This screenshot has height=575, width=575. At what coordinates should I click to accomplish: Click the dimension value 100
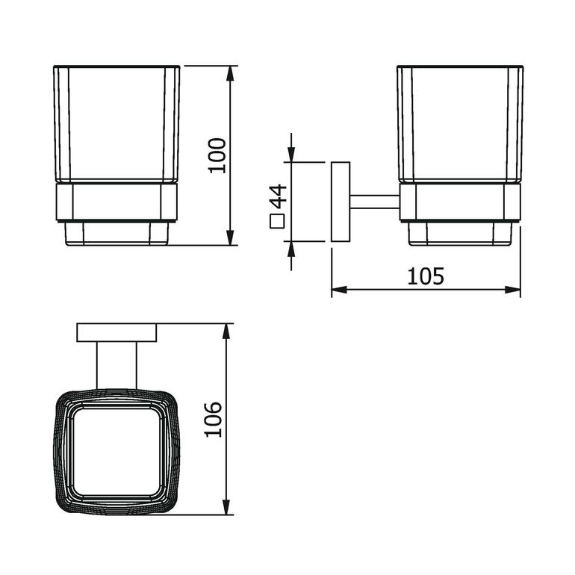click(217, 155)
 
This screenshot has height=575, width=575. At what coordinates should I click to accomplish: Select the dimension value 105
click(426, 276)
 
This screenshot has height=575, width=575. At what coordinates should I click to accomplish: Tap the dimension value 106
click(213, 420)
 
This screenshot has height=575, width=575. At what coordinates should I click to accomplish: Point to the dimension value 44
click(278, 196)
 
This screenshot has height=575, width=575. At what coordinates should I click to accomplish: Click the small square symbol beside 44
click(278, 222)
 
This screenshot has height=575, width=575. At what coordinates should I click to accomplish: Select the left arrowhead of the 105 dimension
click(339, 290)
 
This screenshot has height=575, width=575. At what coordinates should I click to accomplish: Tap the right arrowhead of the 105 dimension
click(513, 290)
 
